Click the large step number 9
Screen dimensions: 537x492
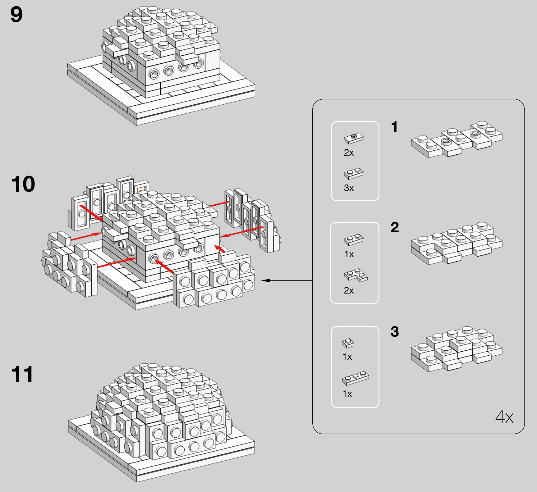(16, 15)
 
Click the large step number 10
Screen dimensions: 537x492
(23, 184)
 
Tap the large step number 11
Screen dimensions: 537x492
(22, 374)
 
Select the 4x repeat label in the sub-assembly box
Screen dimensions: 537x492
(504, 417)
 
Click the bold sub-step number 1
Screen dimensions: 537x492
(394, 127)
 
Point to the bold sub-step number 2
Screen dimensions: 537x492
(395, 227)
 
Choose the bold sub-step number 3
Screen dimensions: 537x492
(395, 332)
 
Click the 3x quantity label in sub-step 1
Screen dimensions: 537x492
(349, 188)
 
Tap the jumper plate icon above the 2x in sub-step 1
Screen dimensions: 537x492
(354, 138)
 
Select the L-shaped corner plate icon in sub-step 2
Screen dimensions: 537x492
(356, 275)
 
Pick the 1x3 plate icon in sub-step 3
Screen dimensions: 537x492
(356, 378)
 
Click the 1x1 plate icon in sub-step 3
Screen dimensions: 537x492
(348, 343)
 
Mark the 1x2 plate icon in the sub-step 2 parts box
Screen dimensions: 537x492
(354, 239)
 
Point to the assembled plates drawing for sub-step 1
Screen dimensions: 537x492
(457, 139)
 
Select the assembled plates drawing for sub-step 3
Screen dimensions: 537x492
(457, 349)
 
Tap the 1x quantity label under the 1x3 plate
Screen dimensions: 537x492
(347, 394)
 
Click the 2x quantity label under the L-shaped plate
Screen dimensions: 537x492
(349, 290)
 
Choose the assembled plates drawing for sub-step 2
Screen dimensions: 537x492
(457, 243)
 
